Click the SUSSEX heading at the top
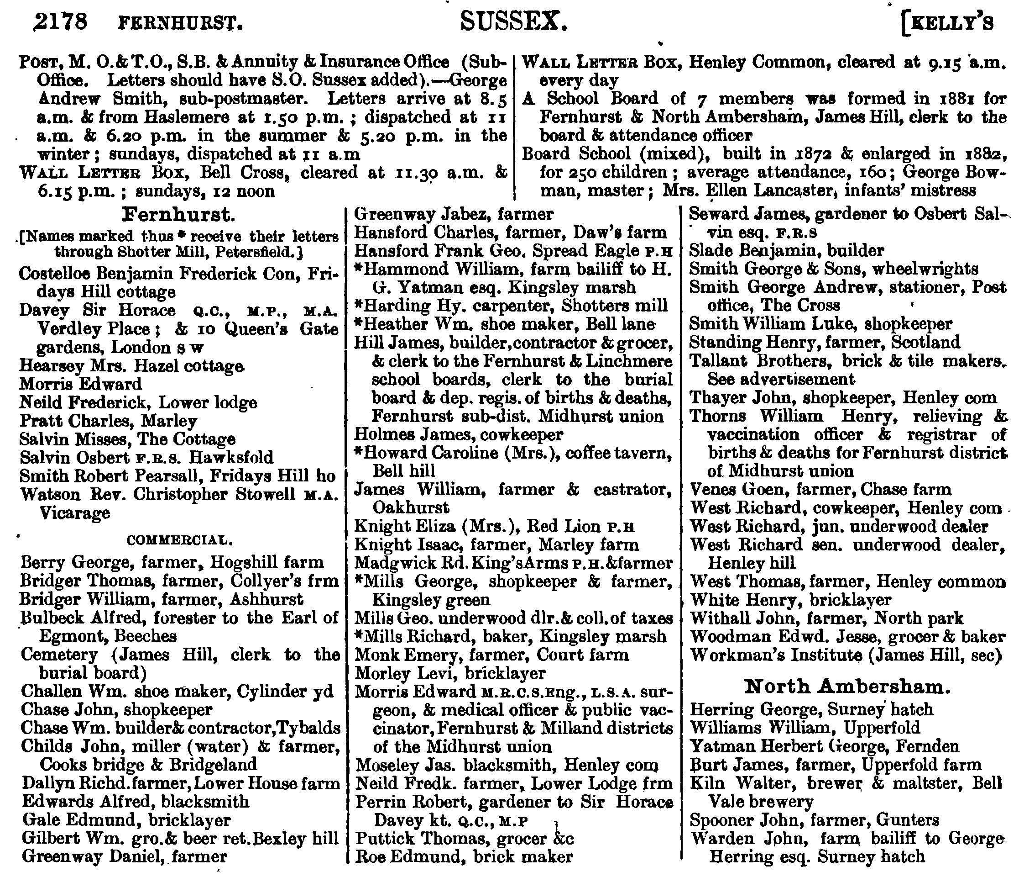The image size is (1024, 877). (x=513, y=22)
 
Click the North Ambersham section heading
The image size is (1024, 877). (x=847, y=686)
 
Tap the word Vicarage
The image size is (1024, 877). (x=74, y=513)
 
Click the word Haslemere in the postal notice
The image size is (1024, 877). (x=179, y=117)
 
